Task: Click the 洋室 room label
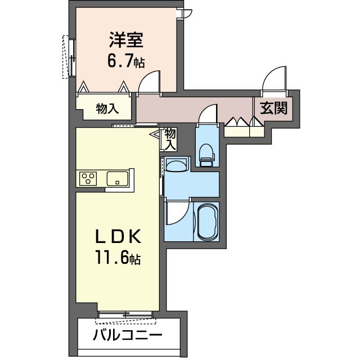(x=126, y=41)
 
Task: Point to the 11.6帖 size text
(x=117, y=259)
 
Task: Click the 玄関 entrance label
(x=274, y=107)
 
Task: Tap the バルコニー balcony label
(x=128, y=336)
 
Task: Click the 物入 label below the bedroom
(x=106, y=109)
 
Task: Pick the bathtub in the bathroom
(x=208, y=220)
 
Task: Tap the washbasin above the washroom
(x=177, y=166)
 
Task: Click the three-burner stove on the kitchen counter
(x=89, y=178)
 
